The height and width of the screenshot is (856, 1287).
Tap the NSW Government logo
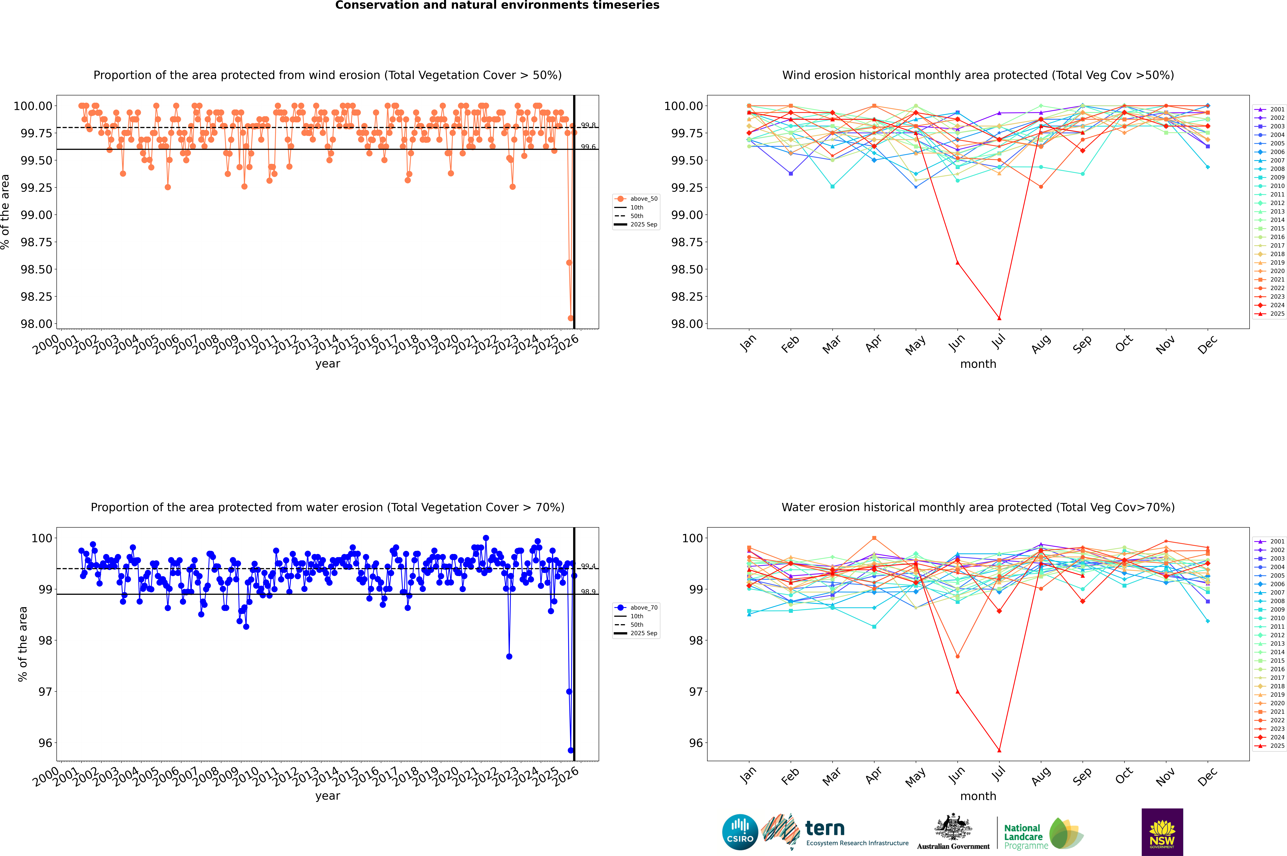tap(1162, 832)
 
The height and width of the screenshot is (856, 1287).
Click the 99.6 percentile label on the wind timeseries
tap(588, 147)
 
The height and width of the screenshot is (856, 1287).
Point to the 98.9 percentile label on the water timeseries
tap(588, 592)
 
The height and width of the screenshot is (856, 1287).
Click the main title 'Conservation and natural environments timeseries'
tap(497, 5)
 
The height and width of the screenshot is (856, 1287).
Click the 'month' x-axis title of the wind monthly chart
tap(978, 364)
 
